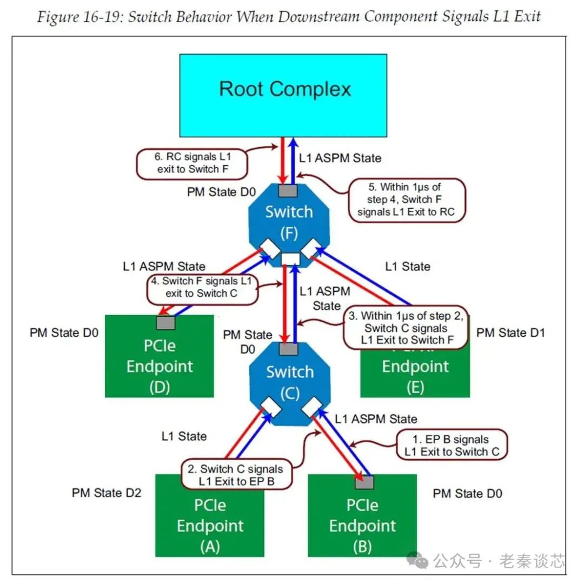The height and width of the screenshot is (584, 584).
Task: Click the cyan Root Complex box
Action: (x=283, y=95)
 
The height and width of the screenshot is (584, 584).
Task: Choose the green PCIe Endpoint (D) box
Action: (x=160, y=362)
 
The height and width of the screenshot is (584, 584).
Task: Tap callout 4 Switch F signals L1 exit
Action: (x=202, y=287)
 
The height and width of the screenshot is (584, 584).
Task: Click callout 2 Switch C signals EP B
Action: (x=237, y=475)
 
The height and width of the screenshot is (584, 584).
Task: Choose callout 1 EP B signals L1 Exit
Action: (x=452, y=446)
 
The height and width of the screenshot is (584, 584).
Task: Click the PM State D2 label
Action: (x=107, y=493)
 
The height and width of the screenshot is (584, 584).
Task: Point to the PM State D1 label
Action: (x=510, y=333)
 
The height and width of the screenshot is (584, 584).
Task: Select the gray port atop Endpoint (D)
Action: (x=165, y=323)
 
